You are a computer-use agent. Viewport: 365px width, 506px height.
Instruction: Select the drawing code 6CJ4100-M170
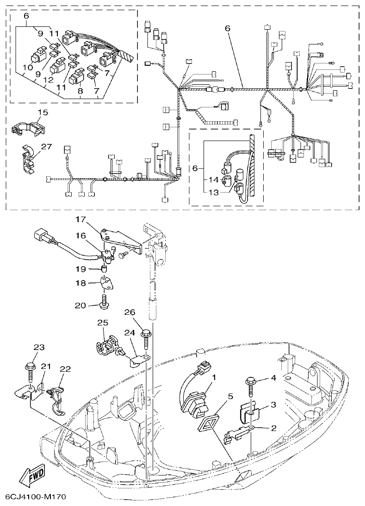point(35,497)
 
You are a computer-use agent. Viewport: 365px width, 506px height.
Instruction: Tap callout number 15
point(43,112)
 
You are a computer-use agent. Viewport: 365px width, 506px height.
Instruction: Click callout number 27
point(46,146)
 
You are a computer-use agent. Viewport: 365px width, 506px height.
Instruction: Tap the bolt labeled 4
point(252,385)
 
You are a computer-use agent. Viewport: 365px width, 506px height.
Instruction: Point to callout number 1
point(214,378)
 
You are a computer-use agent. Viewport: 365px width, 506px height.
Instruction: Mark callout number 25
point(102,322)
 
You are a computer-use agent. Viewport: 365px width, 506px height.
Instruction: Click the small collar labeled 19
point(105,269)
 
